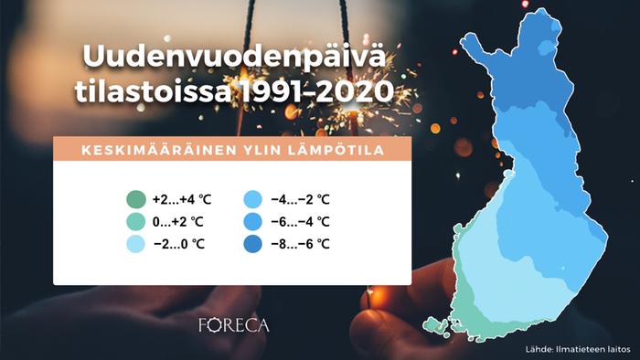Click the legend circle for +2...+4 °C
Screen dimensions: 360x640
[x=134, y=200]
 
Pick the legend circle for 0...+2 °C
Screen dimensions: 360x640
[x=134, y=222]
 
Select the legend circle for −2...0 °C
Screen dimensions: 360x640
[x=134, y=244]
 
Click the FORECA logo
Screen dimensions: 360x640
[x=234, y=324]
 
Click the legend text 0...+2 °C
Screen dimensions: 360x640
[x=177, y=222]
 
